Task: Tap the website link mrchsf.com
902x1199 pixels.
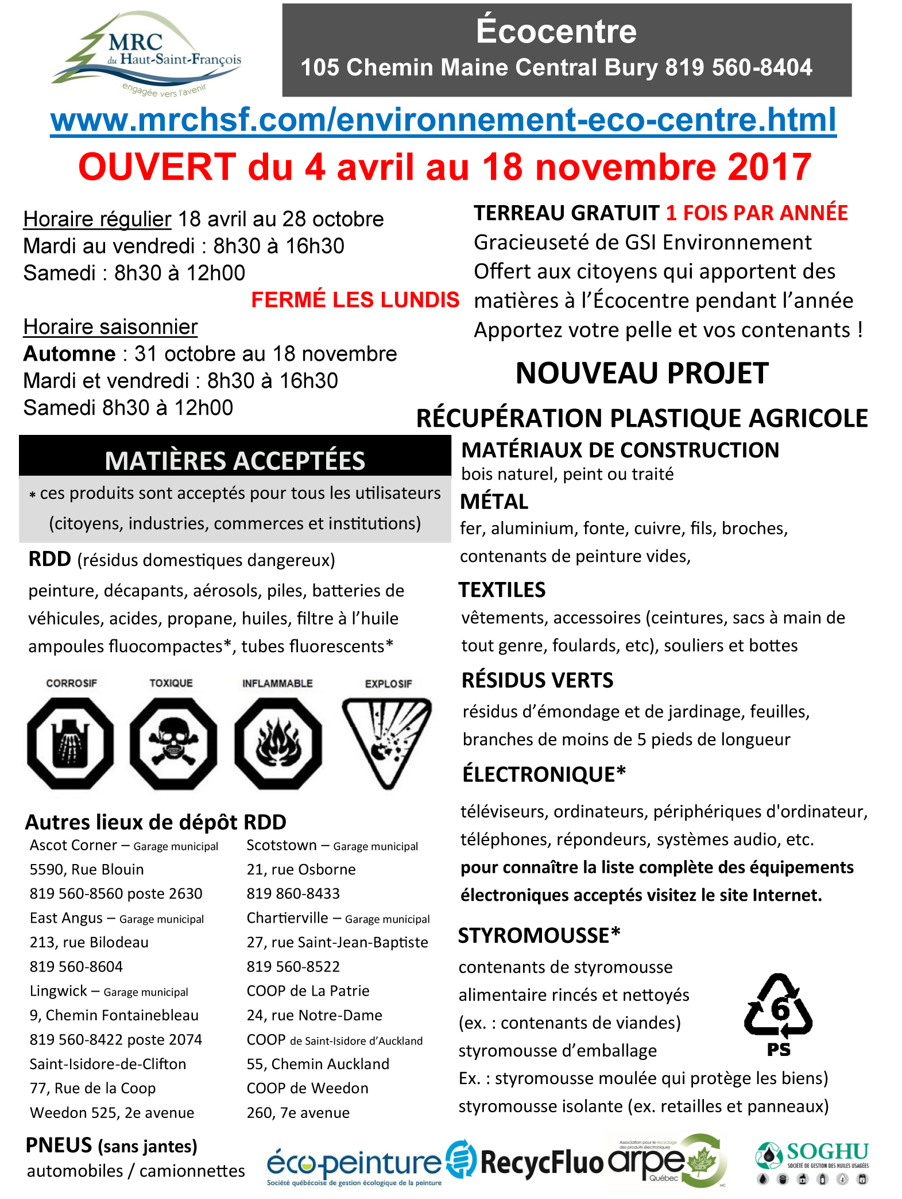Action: [443, 119]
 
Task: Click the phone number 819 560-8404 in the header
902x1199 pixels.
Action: [738, 68]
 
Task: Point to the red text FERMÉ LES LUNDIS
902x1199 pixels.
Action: [355, 299]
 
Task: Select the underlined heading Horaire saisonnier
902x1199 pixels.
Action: [110, 326]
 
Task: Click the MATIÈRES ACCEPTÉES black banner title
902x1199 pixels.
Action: [235, 460]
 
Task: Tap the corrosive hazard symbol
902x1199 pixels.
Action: [70, 743]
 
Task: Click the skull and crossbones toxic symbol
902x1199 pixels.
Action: [173, 743]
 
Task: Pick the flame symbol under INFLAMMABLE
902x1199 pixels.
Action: [278, 743]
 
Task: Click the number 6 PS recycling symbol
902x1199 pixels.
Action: [779, 1014]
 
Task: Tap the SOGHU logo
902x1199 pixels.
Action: [812, 1162]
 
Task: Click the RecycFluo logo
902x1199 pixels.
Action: [527, 1161]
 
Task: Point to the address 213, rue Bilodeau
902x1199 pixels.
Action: [89, 942]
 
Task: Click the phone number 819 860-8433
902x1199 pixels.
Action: [293, 893]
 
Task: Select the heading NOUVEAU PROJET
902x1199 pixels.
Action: [642, 373]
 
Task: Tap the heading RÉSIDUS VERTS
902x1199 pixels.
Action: [537, 680]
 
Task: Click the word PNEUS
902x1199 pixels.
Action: [59, 1145]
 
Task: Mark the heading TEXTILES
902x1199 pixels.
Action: [502, 590]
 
